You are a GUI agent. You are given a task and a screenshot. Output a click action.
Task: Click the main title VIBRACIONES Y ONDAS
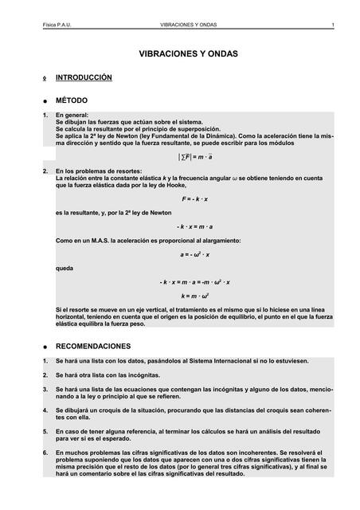coord(189,54)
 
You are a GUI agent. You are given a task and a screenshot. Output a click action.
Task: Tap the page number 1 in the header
coord(332,25)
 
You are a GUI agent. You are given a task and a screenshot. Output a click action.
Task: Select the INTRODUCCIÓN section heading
coord(84,78)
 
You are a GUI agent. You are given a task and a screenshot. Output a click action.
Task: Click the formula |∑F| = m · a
coord(189,157)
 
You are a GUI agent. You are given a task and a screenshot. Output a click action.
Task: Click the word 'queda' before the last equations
coord(65,269)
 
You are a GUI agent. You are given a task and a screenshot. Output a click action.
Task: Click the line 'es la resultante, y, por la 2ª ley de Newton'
coord(114,213)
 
